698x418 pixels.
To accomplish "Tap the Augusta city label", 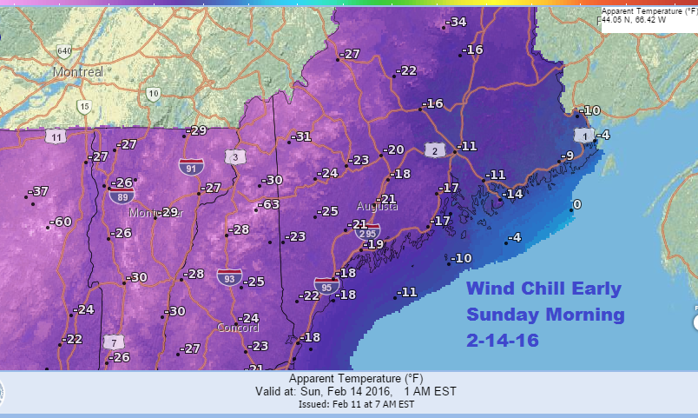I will [x=378, y=207].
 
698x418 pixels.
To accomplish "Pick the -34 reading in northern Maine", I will [x=456, y=22].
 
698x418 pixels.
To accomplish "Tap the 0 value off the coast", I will [x=576, y=205].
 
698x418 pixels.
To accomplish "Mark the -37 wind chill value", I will [x=38, y=191].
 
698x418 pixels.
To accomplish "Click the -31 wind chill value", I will [x=300, y=136].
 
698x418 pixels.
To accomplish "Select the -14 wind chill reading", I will [x=512, y=193].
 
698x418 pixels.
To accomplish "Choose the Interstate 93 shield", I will [x=228, y=277].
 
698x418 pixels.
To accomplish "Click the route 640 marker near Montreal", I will [x=63, y=50].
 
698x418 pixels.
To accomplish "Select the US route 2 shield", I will [x=431, y=150].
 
